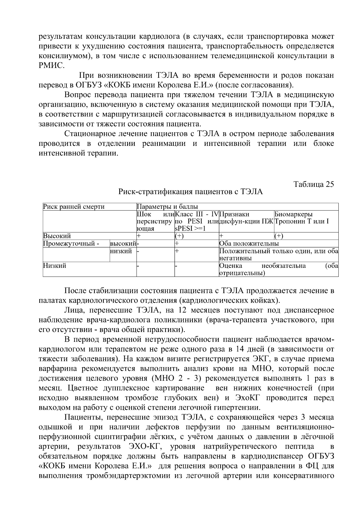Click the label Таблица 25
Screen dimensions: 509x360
click(x=313, y=184)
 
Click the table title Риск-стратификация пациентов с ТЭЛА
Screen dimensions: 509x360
click(x=190, y=192)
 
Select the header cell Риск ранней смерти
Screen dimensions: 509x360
click(x=74, y=207)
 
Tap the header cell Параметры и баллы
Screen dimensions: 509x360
click(x=167, y=207)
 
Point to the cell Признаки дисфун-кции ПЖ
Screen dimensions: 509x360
click(x=246, y=218)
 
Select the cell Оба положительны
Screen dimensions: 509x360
click(x=249, y=244)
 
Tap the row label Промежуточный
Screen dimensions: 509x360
click(x=71, y=244)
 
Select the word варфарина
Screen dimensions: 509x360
click(x=55, y=369)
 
